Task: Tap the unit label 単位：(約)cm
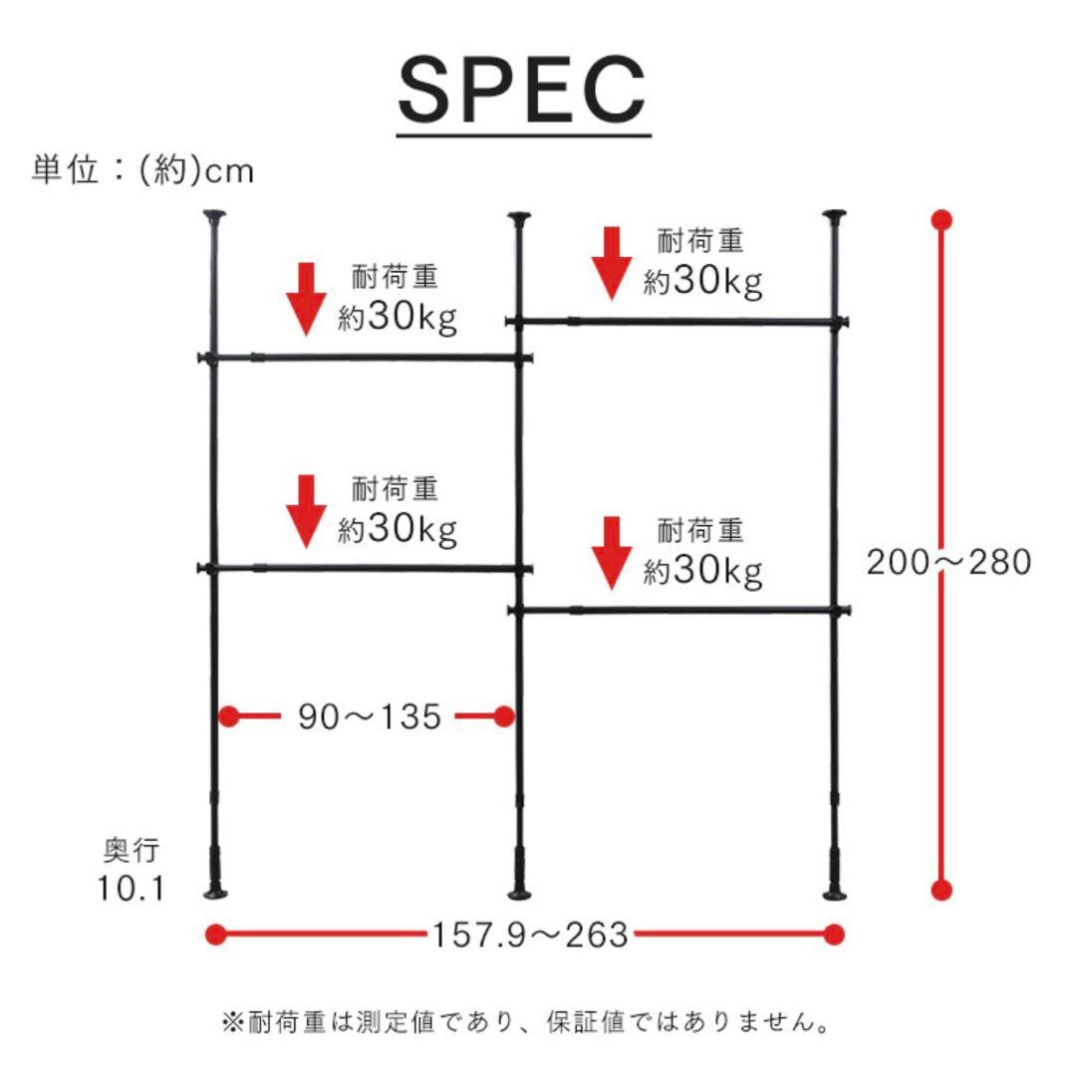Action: pos(142,169)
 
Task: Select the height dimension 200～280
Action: pos(949,562)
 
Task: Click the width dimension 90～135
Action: pos(370,716)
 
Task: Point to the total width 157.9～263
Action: pos(530,935)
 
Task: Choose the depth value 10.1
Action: pos(132,889)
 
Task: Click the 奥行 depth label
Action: pos(132,850)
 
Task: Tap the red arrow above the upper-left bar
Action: pos(306,299)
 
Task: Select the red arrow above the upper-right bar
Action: pos(612,263)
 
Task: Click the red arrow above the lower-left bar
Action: pos(306,511)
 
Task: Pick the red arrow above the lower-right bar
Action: pos(612,553)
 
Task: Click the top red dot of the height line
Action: pos(941,220)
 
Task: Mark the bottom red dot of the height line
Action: pos(941,890)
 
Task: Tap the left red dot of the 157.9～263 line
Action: pos(216,934)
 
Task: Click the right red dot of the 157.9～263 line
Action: pos(834,934)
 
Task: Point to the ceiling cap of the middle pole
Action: pos(519,218)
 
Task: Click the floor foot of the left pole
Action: pos(215,892)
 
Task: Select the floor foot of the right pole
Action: pos(835,894)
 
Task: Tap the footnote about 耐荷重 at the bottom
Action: pos(525,1022)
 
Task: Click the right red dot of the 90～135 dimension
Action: pos(504,716)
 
